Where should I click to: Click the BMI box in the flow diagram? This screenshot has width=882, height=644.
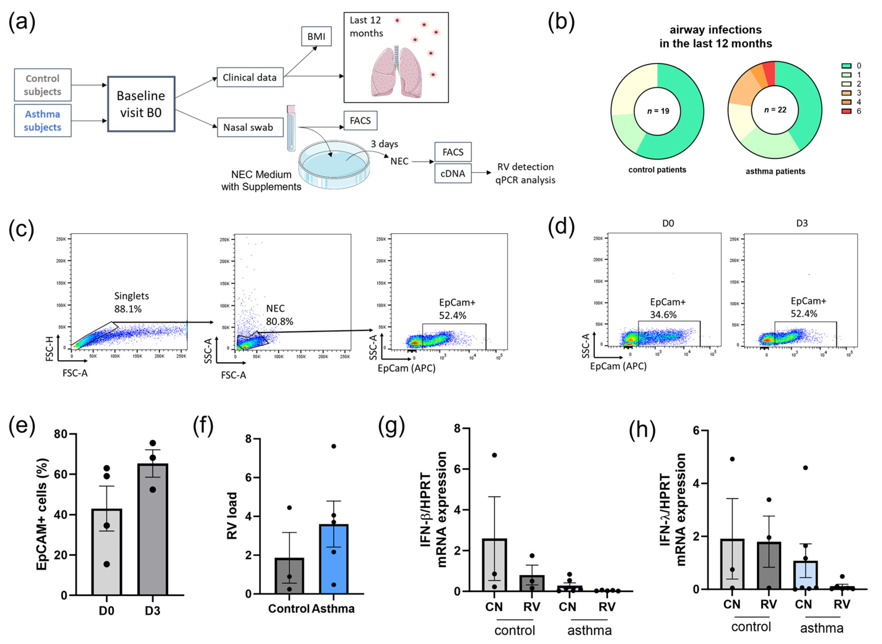point(316,36)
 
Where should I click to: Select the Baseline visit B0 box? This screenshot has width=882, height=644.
point(141,104)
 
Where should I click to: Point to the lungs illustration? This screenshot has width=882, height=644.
point(396,72)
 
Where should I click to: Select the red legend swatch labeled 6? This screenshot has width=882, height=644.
point(846,111)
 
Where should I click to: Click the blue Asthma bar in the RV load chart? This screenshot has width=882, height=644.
point(334,559)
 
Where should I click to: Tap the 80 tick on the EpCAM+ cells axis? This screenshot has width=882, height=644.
point(62,434)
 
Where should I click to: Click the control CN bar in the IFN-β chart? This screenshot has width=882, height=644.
point(494,565)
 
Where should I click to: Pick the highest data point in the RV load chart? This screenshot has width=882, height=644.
point(334,446)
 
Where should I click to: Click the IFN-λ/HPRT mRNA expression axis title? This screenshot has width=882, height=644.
point(673,510)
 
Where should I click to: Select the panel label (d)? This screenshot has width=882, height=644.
point(561,227)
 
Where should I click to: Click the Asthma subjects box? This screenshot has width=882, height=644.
point(43,121)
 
